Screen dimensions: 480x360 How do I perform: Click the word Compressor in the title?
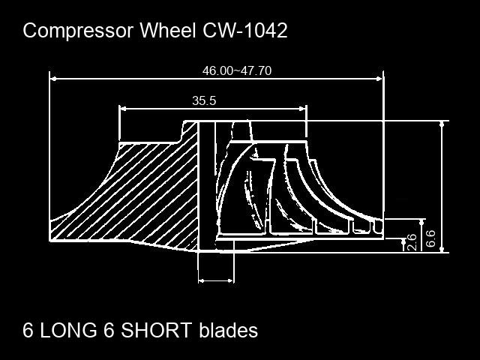click(78, 31)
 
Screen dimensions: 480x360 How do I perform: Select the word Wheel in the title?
click(168, 30)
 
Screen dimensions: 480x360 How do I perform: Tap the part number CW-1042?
click(245, 30)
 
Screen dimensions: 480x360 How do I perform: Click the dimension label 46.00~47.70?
click(237, 70)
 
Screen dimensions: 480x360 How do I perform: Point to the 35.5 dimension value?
click(204, 100)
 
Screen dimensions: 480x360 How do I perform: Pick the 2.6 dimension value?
click(412, 242)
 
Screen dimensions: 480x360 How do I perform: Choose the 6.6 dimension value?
click(430, 238)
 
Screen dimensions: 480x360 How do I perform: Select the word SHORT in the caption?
click(157, 330)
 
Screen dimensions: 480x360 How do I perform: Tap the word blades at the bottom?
click(228, 330)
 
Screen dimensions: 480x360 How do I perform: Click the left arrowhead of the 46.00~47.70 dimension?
click(53, 79)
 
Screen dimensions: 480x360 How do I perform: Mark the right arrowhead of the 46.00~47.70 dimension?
click(379, 79)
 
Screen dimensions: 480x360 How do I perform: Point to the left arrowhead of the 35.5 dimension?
click(122, 109)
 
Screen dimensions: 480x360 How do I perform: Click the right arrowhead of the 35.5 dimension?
click(303, 109)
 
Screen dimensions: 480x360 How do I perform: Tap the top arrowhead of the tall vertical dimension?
click(442, 124)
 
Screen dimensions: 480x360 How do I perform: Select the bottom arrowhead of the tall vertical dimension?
click(442, 249)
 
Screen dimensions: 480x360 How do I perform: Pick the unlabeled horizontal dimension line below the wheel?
click(216, 280)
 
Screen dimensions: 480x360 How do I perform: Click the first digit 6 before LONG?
click(28, 330)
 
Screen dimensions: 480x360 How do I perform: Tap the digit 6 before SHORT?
click(109, 330)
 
